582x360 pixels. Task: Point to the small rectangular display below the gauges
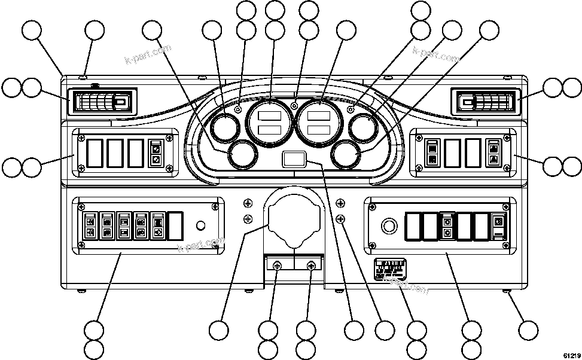[x=292, y=159]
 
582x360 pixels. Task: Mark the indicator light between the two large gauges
[x=294, y=106]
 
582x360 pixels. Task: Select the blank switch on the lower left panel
[x=176, y=224]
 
